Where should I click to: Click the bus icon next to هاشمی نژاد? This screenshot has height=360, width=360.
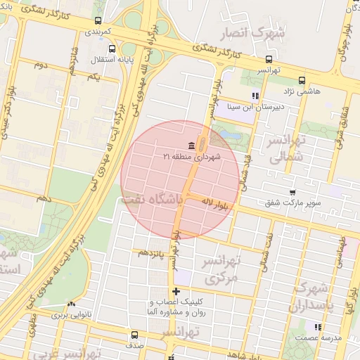(x=302, y=80)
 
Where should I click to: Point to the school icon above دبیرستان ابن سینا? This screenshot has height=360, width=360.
(x=255, y=96)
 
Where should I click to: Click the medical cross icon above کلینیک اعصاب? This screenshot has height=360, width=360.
(x=175, y=291)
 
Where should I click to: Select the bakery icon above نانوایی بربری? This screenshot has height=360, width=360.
(x=70, y=304)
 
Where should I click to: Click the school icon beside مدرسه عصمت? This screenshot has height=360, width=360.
(x=318, y=327)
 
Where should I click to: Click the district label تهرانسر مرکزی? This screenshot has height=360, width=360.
(x=221, y=269)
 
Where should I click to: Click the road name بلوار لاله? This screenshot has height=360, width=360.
(x=216, y=202)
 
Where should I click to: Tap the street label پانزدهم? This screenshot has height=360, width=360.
(x=152, y=252)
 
